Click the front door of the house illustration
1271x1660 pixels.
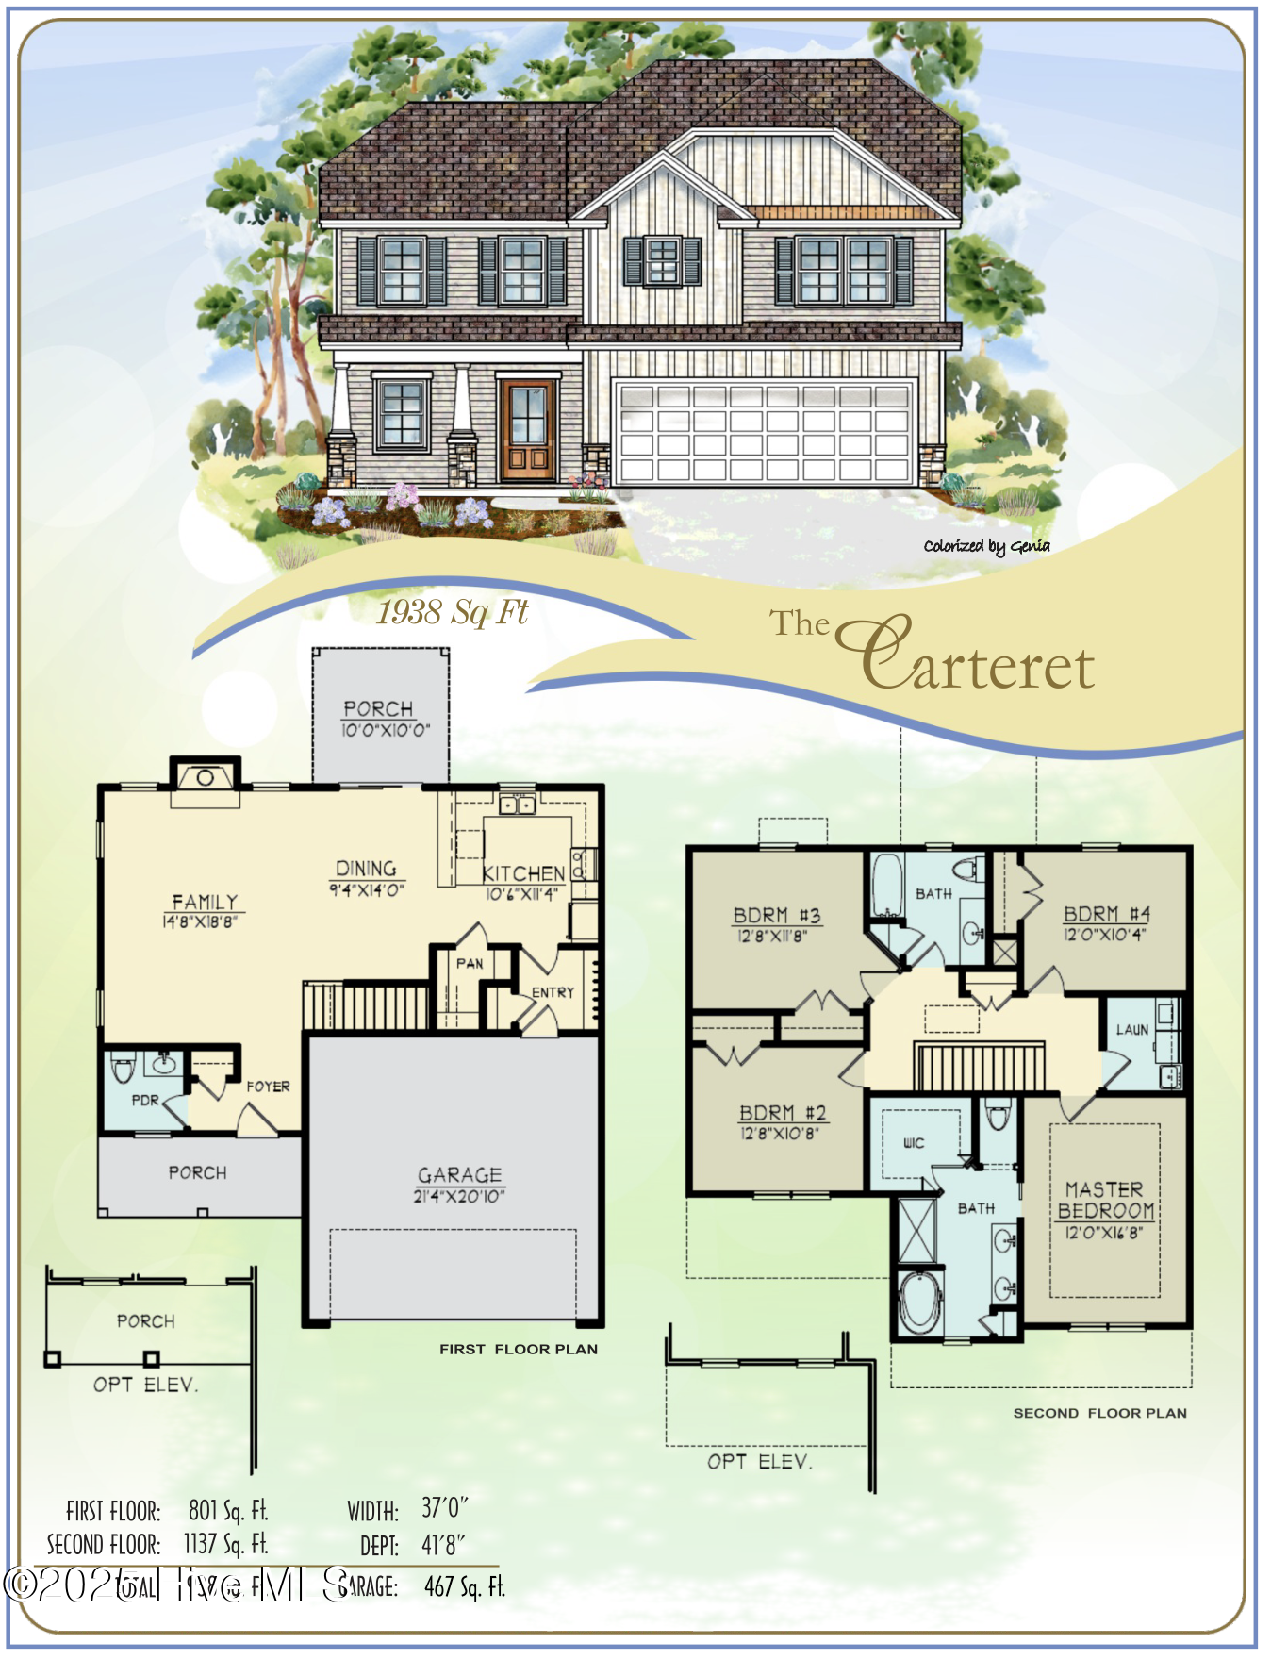[528, 429]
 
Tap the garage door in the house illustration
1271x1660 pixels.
[764, 432]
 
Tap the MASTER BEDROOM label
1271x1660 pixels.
[1104, 1200]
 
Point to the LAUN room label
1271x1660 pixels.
[1131, 1029]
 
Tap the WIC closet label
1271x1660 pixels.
[914, 1143]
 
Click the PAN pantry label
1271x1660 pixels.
[470, 963]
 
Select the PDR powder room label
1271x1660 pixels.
[145, 1100]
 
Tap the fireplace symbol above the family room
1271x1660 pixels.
[205, 778]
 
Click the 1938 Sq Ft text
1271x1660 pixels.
[453, 612]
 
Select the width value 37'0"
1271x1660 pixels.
[443, 1508]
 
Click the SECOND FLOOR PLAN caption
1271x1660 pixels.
[1099, 1413]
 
